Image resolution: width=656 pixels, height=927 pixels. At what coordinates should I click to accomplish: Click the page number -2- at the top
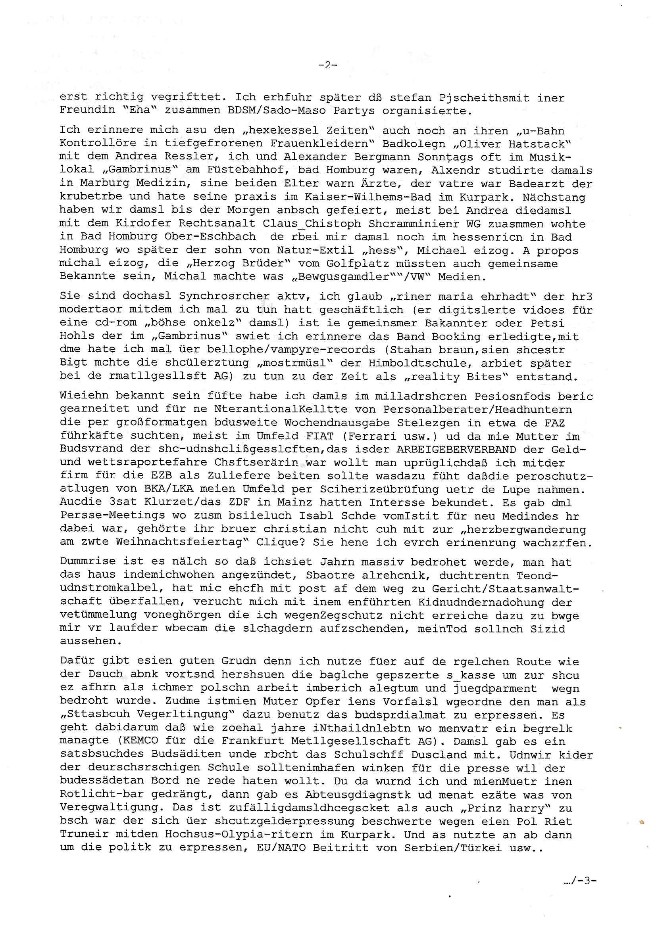point(327,65)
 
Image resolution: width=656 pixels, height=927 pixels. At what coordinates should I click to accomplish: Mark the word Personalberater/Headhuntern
point(478,410)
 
